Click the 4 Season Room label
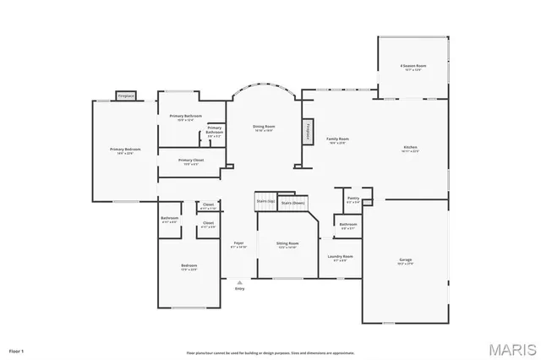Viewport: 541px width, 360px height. [413, 66]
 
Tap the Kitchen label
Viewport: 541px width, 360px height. [411, 148]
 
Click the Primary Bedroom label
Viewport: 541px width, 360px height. [124, 150]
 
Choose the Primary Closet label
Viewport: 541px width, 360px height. [190, 160]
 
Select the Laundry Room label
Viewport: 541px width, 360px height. [342, 256]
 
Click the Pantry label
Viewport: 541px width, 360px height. [353, 199]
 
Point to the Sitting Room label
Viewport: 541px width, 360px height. [287, 243]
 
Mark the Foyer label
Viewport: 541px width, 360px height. [238, 243]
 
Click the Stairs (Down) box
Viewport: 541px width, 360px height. [292, 203]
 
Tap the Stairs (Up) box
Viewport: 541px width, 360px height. [265, 201]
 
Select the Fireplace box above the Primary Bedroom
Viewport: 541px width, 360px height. [126, 95]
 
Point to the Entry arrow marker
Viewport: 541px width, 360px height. [239, 282]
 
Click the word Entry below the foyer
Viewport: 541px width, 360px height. [239, 290]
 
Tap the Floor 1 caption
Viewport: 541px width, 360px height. [16, 349]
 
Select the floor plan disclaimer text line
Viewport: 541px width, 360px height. [270, 352]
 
